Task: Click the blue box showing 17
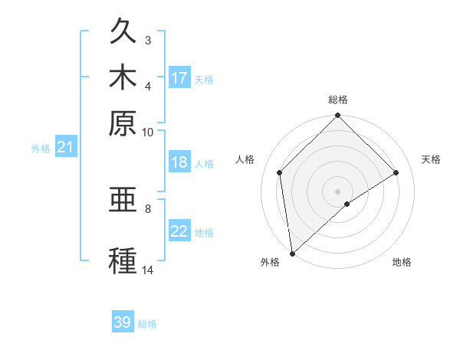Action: coord(179,78)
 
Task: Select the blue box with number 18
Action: coord(179,163)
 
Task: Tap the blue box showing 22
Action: coord(179,231)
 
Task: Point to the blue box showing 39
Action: coord(123,322)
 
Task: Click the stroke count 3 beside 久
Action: coord(148,40)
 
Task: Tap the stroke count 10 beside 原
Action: coord(148,132)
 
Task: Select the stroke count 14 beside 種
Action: coord(148,270)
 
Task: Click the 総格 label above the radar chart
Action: coord(337,100)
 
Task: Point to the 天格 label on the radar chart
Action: coord(431,159)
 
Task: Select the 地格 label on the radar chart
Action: coord(402,263)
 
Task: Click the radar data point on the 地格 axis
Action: coord(347,204)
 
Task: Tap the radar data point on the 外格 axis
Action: coord(292,253)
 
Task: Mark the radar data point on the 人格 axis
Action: coord(280,172)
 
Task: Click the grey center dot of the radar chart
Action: coord(337,191)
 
